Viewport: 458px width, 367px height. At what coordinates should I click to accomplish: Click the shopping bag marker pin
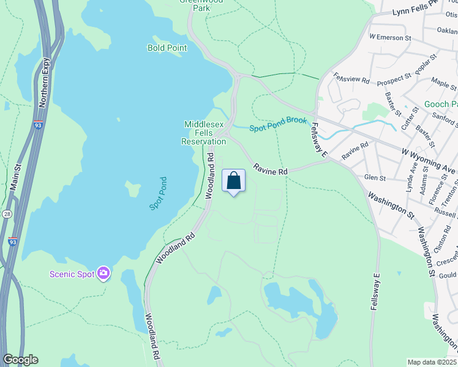(x=233, y=181)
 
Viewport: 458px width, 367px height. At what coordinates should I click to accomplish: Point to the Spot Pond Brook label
(x=278, y=124)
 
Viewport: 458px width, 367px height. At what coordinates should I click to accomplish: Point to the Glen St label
(x=374, y=178)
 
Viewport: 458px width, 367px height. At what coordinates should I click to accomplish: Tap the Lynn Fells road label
(x=416, y=9)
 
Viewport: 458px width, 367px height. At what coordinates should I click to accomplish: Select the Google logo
(x=20, y=360)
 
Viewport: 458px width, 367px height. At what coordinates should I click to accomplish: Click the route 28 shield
(x=6, y=213)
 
